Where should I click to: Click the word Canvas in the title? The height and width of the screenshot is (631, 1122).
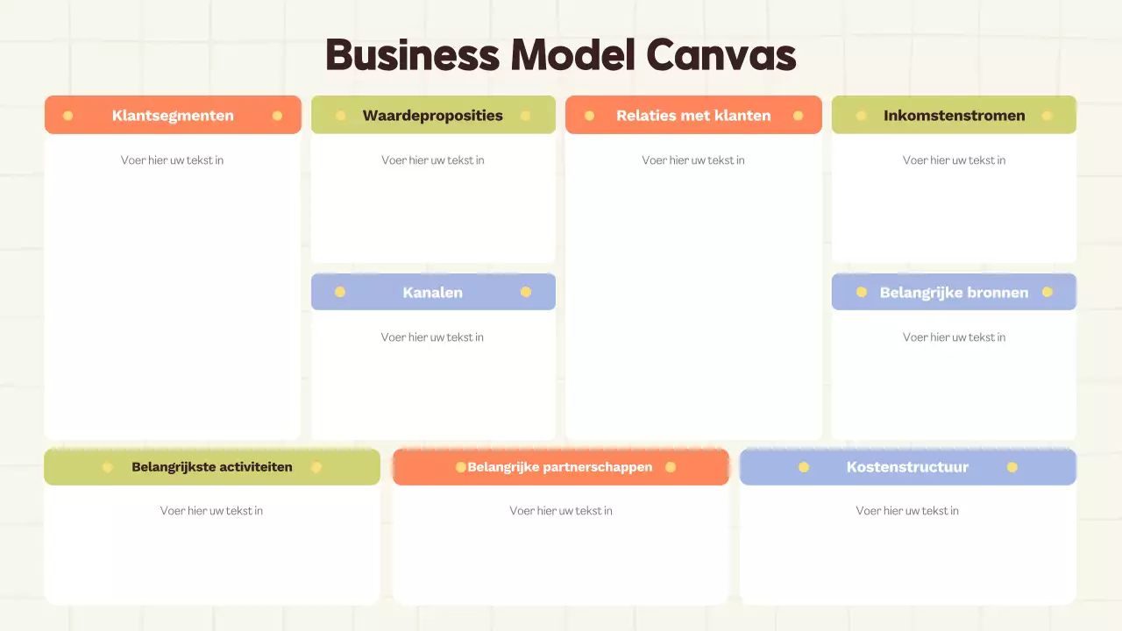(721, 54)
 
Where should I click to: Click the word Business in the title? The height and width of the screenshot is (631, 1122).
(413, 54)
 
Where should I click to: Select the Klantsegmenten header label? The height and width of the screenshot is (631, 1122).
(173, 116)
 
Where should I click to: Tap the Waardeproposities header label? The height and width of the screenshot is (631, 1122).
(433, 116)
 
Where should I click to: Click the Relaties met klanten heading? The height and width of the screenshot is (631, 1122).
(693, 116)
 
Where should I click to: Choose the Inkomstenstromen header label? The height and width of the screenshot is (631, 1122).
(955, 116)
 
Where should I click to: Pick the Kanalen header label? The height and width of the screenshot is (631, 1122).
(433, 293)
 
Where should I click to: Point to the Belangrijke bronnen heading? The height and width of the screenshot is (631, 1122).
(955, 293)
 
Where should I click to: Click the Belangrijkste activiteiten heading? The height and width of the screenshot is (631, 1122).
(212, 467)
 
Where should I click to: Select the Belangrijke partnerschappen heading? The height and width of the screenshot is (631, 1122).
(560, 467)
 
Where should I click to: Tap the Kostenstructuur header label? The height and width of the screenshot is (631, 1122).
(907, 467)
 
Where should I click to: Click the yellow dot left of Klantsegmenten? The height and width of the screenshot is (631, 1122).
(68, 116)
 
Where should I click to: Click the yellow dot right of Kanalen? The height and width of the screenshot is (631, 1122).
(526, 292)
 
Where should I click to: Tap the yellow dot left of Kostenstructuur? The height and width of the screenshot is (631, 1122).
(804, 467)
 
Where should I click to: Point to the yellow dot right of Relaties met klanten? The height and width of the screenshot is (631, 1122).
(799, 116)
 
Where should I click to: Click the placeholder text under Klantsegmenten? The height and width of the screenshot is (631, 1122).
(173, 160)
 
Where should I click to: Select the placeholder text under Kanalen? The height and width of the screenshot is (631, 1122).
(432, 337)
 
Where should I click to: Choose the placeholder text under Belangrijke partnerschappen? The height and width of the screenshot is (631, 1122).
(561, 511)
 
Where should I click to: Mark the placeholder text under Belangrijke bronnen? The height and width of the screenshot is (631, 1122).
(955, 337)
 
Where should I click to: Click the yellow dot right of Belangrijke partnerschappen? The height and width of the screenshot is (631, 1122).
(671, 467)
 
